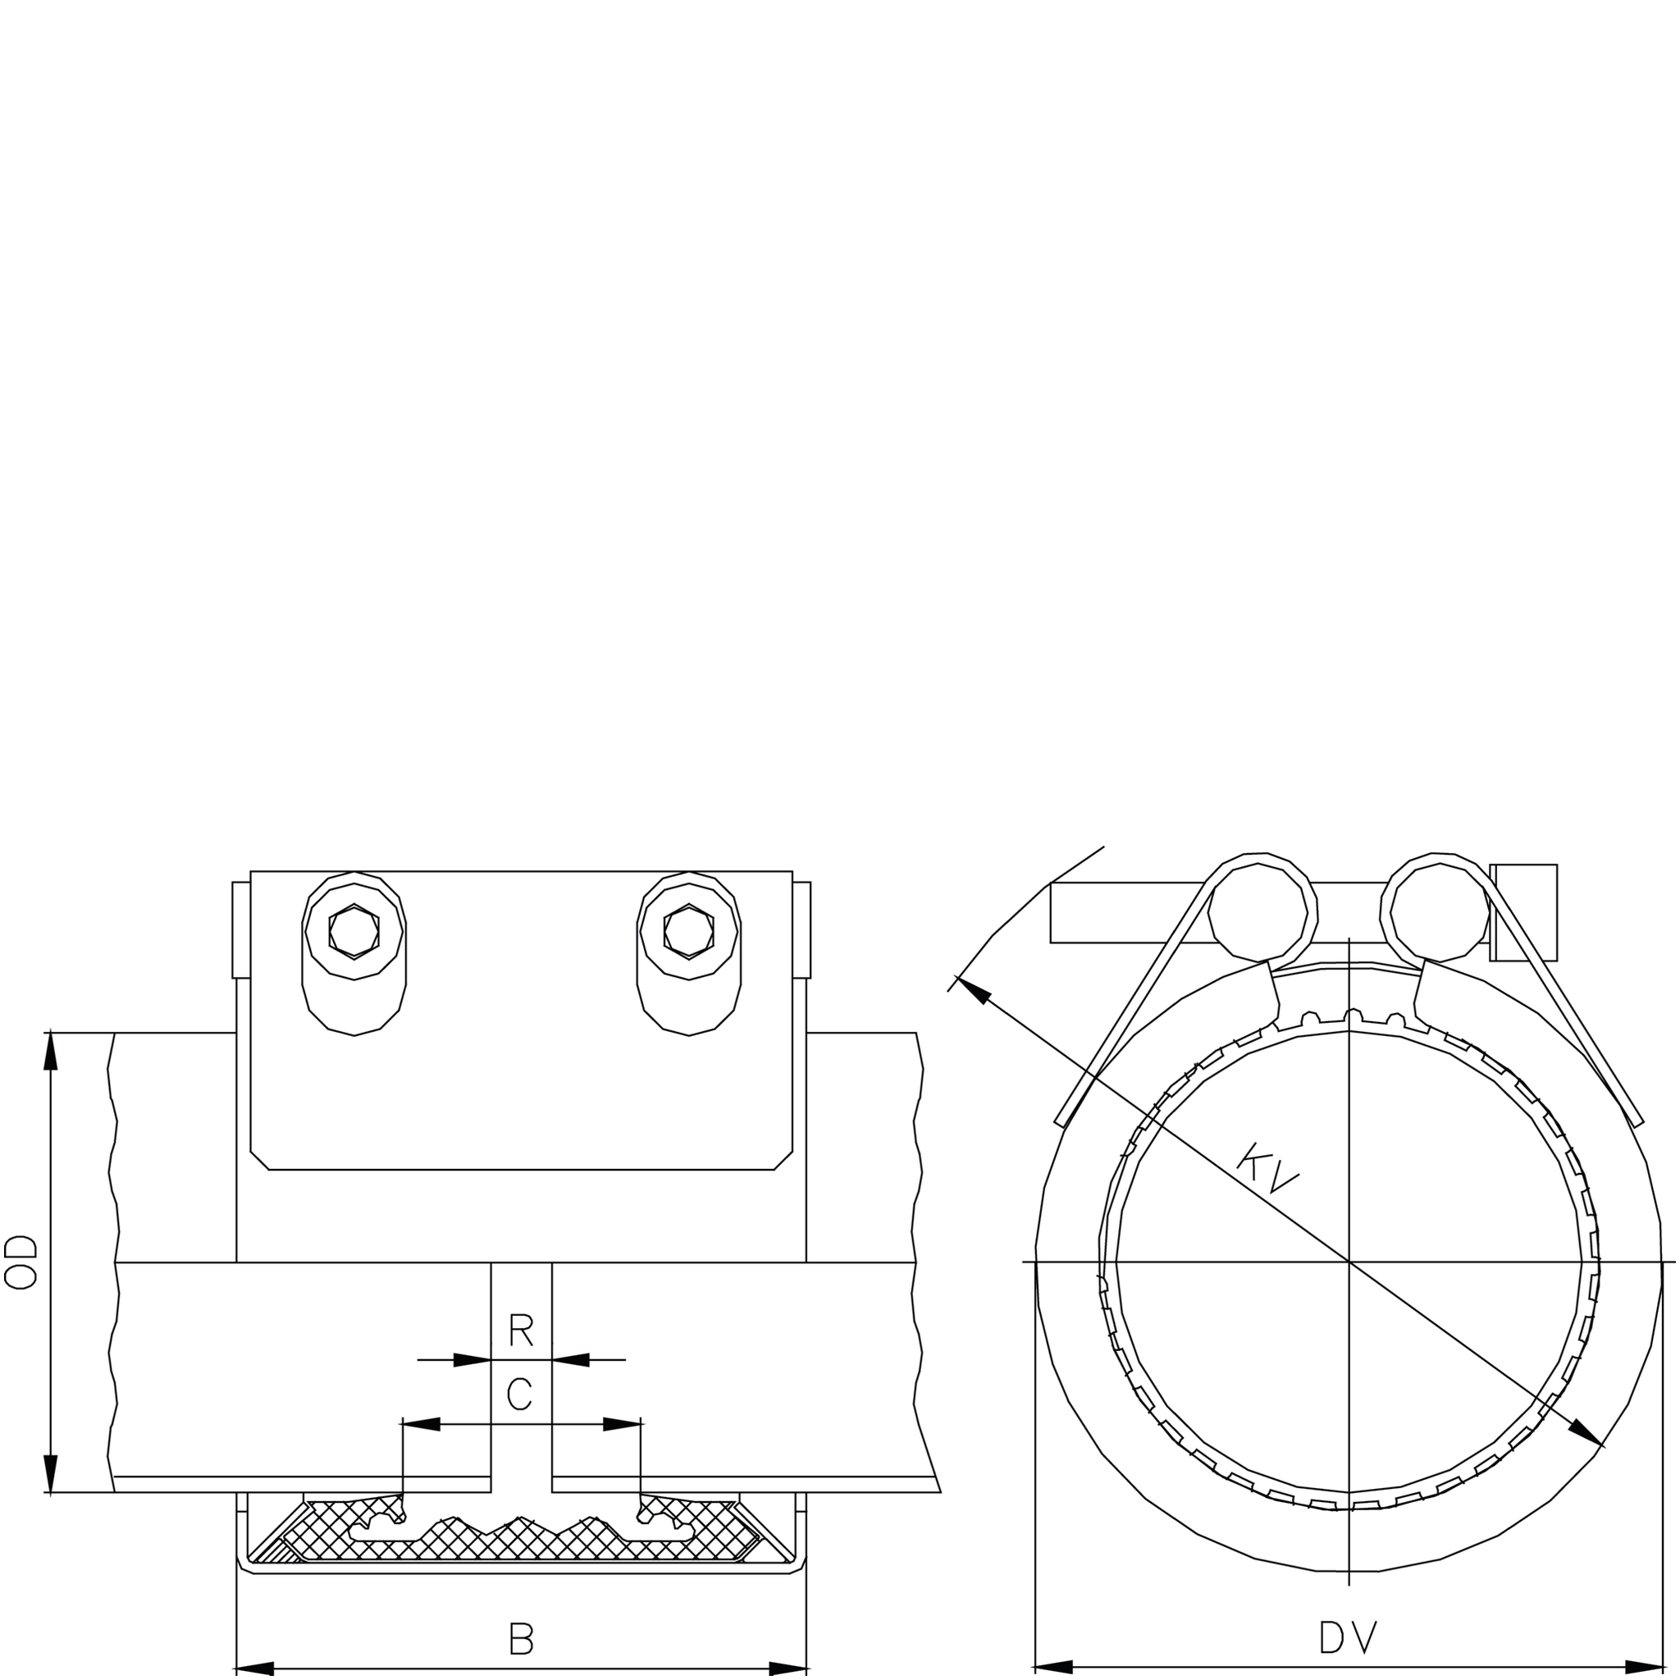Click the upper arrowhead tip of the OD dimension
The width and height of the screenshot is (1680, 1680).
(x=50, y=1033)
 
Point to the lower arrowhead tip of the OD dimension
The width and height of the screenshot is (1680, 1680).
(x=50, y=1493)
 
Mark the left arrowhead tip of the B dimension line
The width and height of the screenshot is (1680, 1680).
(x=236, y=1669)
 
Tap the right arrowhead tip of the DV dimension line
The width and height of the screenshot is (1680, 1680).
(x=1664, y=1669)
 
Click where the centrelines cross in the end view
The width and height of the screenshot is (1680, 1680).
(x=1349, y=1261)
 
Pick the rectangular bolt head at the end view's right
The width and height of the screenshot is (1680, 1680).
(x=1524, y=912)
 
